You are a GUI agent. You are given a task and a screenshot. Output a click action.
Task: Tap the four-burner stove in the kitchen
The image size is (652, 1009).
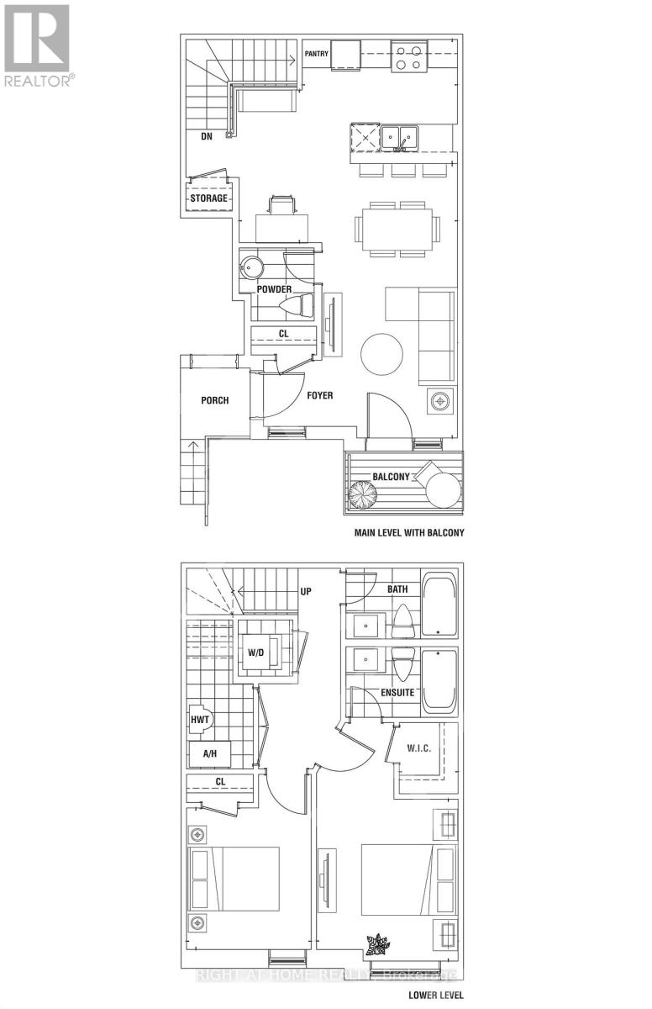click(410, 55)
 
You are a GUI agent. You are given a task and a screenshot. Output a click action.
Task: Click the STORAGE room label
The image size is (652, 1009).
click(208, 198)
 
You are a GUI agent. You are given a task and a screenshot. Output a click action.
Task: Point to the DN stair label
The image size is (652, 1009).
click(206, 135)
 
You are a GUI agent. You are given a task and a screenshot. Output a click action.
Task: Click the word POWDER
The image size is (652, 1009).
click(274, 289)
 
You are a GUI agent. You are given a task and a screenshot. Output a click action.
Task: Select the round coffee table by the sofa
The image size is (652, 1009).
click(382, 356)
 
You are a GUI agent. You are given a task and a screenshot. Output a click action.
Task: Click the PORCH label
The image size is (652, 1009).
click(214, 400)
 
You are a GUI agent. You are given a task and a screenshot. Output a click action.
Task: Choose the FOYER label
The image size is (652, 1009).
click(317, 395)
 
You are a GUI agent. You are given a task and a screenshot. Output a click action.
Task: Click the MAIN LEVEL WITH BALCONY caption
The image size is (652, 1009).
click(406, 533)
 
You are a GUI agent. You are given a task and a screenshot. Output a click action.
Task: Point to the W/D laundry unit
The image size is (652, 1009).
click(255, 652)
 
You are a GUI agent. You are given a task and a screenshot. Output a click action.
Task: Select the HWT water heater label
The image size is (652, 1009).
click(200, 720)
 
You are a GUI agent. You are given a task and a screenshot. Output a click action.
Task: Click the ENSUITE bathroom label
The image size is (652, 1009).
click(397, 693)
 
